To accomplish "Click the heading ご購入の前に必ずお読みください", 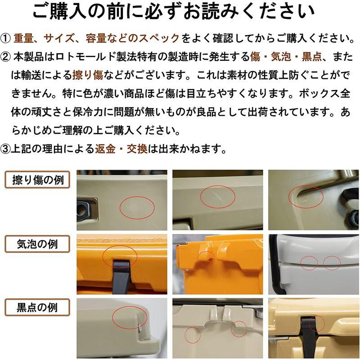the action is point(174,12).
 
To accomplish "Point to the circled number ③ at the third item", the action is point(5,149).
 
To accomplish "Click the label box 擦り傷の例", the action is point(37,180).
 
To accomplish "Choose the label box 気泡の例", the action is point(37,244).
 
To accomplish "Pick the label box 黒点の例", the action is point(37,307).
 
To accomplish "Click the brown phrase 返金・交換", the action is point(121,149).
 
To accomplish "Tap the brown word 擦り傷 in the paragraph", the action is point(88,75).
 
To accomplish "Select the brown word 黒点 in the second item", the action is point(312,57).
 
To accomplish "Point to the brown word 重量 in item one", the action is point(23,38).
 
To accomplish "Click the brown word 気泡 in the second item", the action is point(281,57).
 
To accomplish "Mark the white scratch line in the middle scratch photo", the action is point(217,196).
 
